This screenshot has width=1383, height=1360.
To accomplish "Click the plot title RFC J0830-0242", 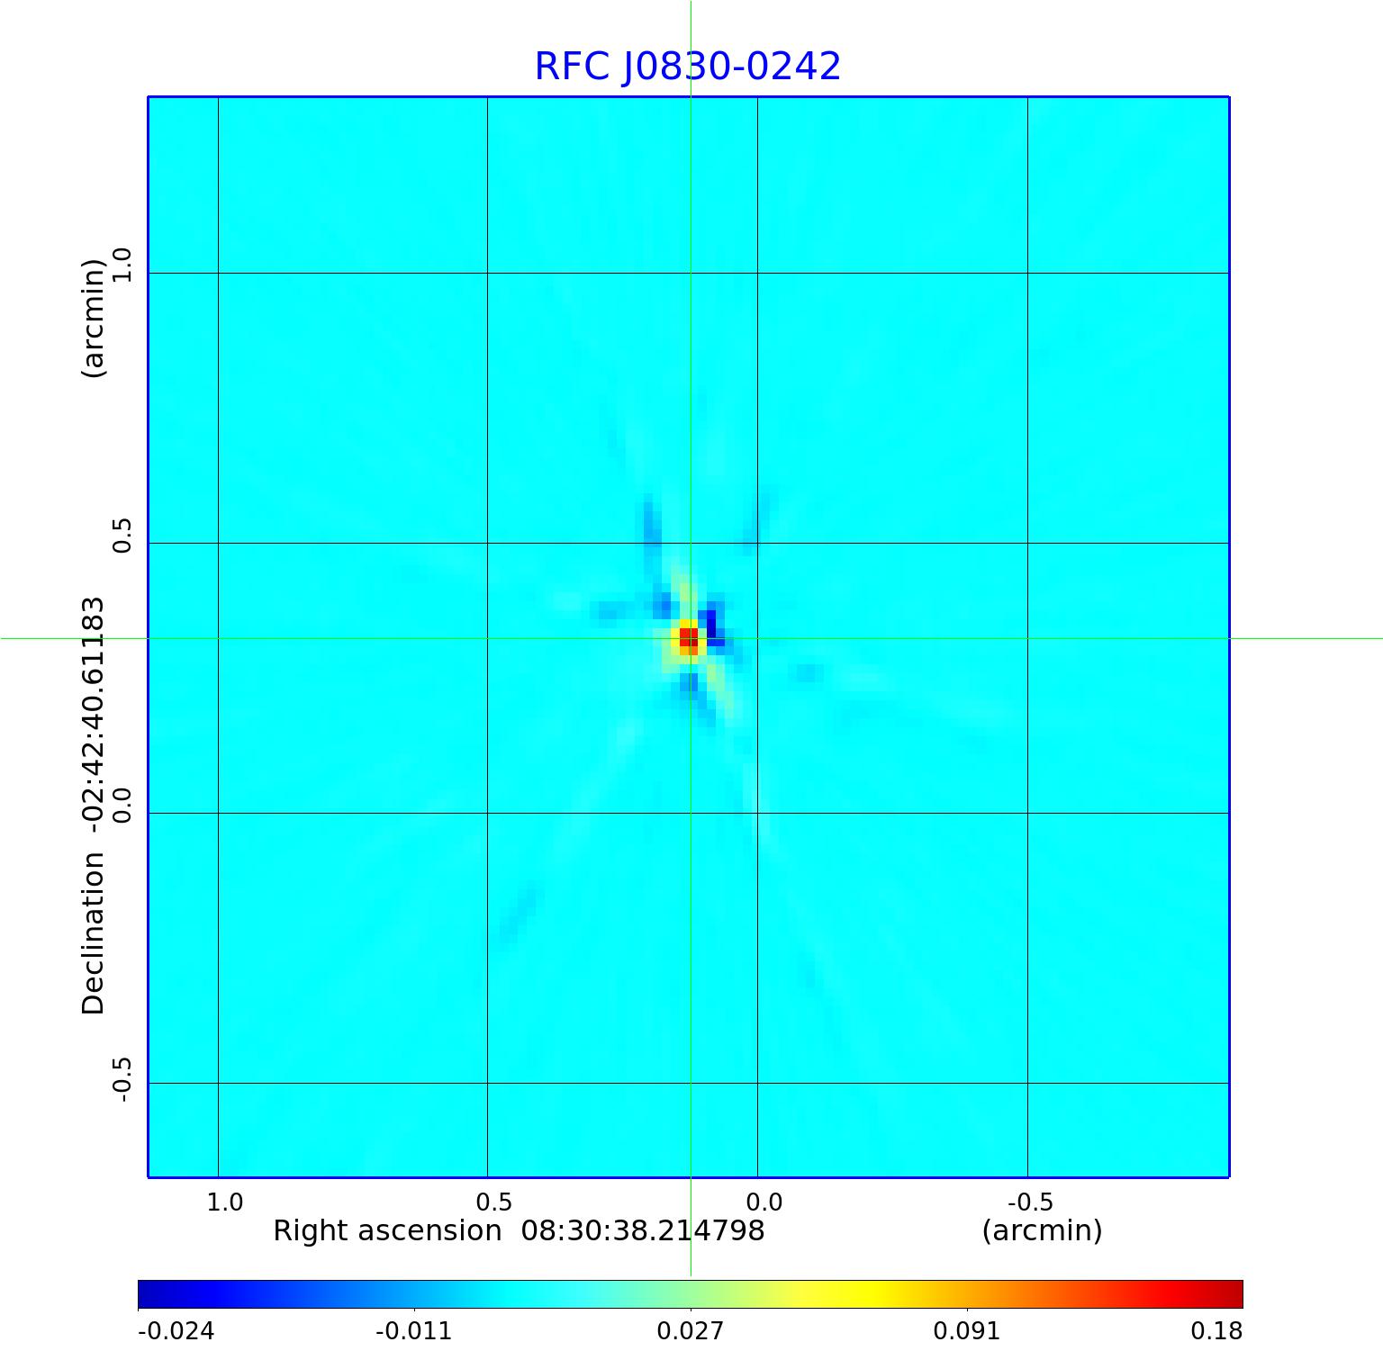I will point(687,67).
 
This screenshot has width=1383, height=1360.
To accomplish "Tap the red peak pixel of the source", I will point(688,637).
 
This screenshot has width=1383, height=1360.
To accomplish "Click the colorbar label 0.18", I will point(1216,1331).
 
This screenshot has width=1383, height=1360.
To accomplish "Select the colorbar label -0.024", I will point(176,1331).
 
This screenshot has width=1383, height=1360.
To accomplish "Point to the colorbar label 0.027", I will point(690,1331).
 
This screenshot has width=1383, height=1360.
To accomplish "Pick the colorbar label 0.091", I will point(966,1331).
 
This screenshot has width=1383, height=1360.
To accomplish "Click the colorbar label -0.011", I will point(413,1331).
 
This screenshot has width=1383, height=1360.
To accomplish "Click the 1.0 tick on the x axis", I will point(224,1202).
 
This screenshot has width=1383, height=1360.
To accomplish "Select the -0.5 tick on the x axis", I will point(1030,1202).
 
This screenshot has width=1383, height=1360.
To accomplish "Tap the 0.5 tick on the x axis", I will point(493,1202).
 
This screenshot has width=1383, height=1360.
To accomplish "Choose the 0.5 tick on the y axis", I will point(121,536).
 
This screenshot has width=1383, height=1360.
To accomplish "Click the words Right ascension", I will point(387,1231).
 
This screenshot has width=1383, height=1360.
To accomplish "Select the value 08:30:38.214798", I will point(643,1231).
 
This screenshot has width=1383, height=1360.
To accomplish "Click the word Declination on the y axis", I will point(94,933).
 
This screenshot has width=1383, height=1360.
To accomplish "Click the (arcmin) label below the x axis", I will point(1042,1231).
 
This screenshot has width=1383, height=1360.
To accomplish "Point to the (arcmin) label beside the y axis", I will point(94,318).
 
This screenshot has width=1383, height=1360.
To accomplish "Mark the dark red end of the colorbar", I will point(1234,1294).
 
